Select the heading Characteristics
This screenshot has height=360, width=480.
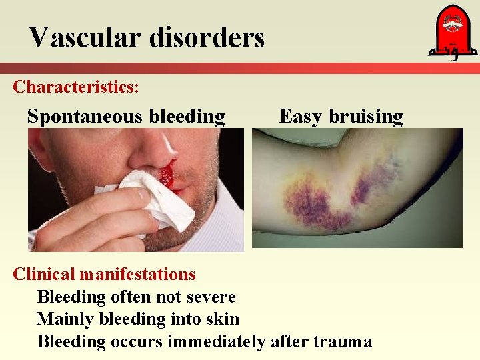[75, 87]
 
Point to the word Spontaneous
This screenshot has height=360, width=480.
[85, 117]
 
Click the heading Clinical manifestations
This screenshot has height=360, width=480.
[105, 274]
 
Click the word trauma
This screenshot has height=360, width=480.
[341, 342]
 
